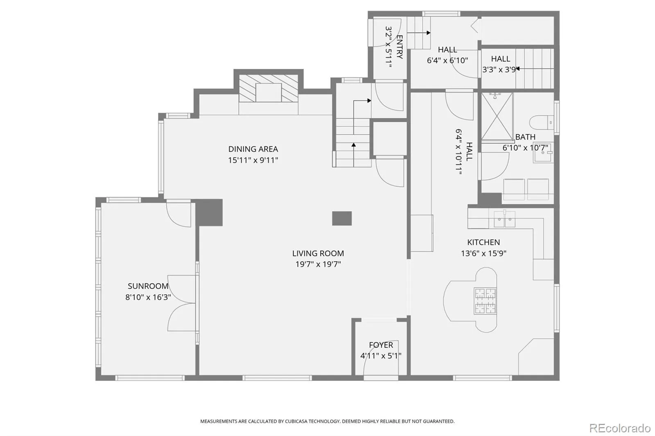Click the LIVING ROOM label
(318, 253)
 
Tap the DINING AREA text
(253, 149)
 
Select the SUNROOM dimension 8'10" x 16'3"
(148, 297)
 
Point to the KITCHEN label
(483, 242)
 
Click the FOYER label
(381, 345)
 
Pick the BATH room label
(525, 137)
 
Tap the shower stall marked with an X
(497, 117)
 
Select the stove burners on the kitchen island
(486, 301)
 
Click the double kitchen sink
(505, 219)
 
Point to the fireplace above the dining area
(269, 88)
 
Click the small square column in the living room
(342, 218)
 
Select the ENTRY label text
(400, 47)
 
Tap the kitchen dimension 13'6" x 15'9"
(483, 253)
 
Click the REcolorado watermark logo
(620, 428)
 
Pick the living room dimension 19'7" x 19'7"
(318, 265)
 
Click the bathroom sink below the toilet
(543, 153)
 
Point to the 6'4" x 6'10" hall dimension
(447, 61)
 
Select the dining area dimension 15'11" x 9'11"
(253, 160)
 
